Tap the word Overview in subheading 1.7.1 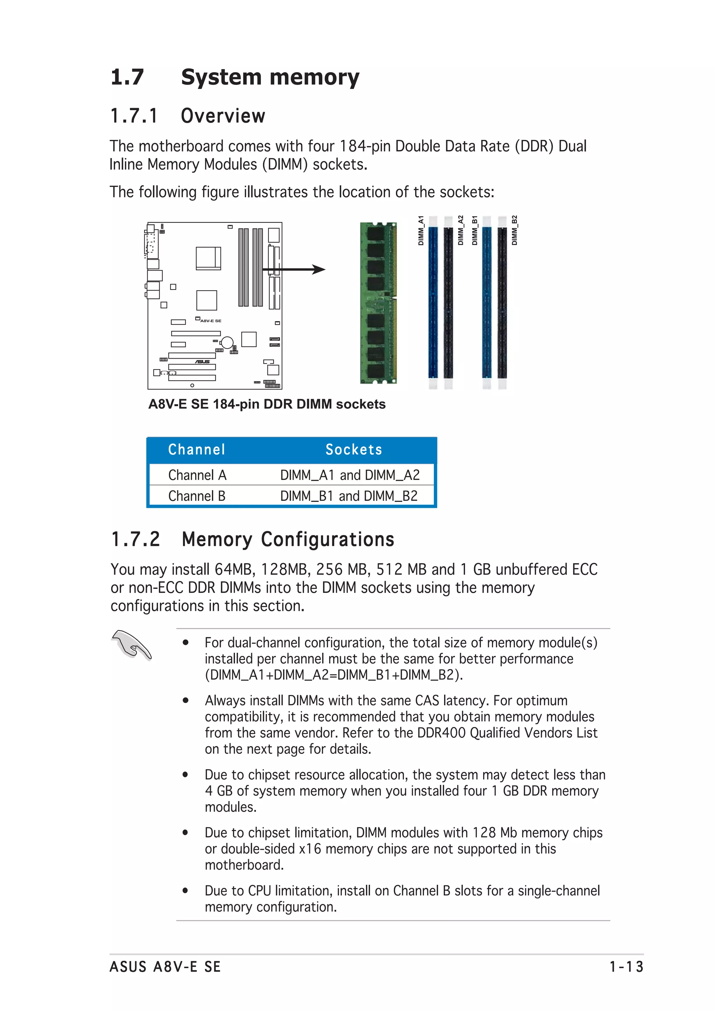tap(223, 116)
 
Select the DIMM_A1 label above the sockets tap(421, 230)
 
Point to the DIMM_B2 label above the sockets tap(514, 230)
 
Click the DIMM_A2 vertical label tap(460, 230)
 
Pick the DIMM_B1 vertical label tap(474, 230)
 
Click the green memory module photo tap(378, 303)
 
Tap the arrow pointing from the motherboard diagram tap(294, 269)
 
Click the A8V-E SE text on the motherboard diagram tap(211, 321)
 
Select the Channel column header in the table tap(197, 450)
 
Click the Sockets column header tap(354, 450)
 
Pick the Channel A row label tap(197, 475)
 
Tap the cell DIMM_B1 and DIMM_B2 tap(349, 496)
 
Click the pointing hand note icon tap(132, 645)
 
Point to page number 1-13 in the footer tap(626, 967)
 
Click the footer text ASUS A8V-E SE tap(165, 967)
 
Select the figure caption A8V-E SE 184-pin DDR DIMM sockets tap(266, 404)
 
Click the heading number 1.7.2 tap(135, 539)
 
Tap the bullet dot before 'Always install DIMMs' tap(186, 701)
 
